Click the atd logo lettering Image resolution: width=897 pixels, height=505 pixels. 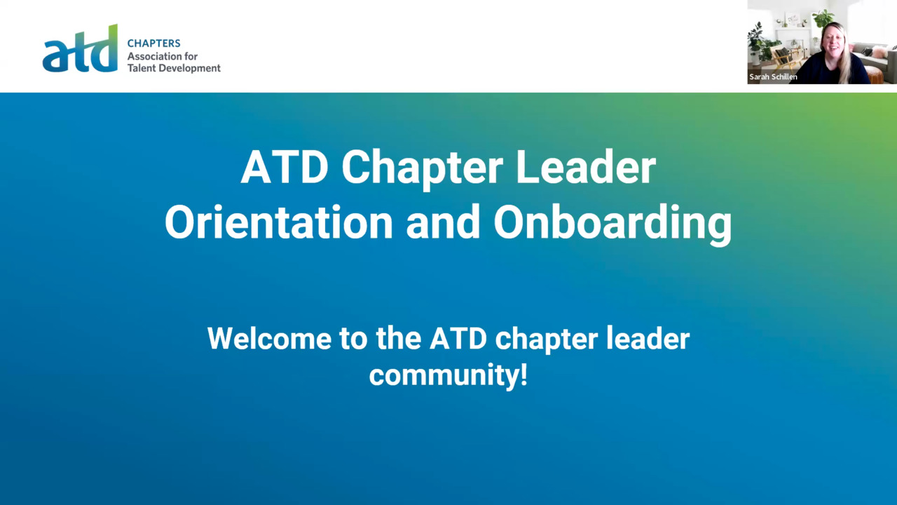pyautogui.click(x=80, y=49)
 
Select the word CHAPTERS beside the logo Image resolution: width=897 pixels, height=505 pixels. pyautogui.click(x=153, y=43)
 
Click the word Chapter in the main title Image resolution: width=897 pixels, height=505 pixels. pyautogui.click(x=422, y=169)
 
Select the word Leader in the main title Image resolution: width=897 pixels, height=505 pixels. pyautogui.click(x=585, y=167)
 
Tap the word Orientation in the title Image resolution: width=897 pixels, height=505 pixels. pyautogui.click(x=279, y=222)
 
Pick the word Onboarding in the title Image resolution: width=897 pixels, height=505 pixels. pyautogui.click(x=612, y=224)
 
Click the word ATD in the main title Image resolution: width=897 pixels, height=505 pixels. pyautogui.click(x=285, y=167)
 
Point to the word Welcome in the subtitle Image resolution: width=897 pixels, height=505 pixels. pyautogui.click(x=270, y=339)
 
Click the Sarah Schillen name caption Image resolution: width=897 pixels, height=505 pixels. pyautogui.click(x=773, y=76)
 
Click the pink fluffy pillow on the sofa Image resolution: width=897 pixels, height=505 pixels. pyautogui.click(x=879, y=52)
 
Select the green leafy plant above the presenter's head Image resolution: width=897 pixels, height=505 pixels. pyautogui.click(x=823, y=18)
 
